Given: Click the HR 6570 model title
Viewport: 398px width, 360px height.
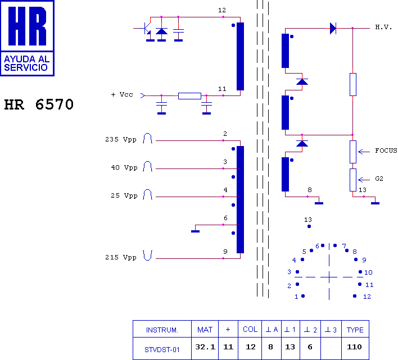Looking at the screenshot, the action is (x=39, y=104).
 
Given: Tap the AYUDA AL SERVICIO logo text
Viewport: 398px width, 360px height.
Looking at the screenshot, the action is (x=26, y=63).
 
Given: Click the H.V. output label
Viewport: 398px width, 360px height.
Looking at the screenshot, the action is (x=383, y=27).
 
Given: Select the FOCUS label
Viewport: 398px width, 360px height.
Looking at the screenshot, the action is (x=386, y=151).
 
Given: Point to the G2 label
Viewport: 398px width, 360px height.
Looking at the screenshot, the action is (x=379, y=179).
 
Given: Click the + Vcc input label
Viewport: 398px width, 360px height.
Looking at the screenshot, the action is (x=122, y=94).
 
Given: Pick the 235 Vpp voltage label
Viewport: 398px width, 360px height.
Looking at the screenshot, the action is (x=121, y=139).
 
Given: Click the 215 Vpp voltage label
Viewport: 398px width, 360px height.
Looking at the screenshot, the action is (x=121, y=257).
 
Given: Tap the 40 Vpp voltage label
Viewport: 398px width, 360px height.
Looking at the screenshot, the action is (x=124, y=167).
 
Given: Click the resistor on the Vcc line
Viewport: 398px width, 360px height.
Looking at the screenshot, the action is (x=189, y=96).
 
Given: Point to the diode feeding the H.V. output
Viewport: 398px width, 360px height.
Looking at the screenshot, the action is (x=333, y=28).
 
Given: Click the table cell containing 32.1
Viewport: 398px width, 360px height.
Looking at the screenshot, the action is (x=205, y=347).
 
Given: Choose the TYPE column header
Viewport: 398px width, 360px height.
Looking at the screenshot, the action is (x=355, y=330).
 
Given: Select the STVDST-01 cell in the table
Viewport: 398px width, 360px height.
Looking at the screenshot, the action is (x=162, y=349).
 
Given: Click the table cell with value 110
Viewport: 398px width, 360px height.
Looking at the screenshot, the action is (x=354, y=347).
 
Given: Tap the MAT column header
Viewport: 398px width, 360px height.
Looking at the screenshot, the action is (x=205, y=330).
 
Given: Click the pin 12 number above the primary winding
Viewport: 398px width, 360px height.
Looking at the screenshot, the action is (x=222, y=10).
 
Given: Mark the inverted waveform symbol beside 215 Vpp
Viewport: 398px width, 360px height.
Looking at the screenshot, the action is (x=147, y=256).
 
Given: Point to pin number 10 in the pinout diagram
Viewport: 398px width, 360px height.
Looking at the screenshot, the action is (x=368, y=272).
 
